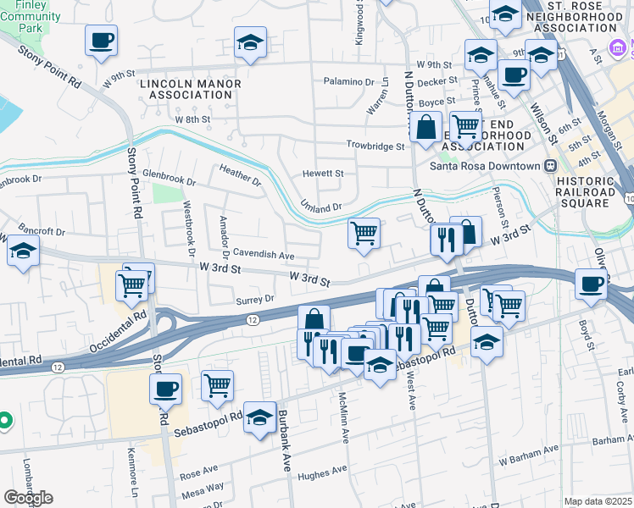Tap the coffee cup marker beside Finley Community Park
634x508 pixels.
pyautogui.click(x=101, y=40)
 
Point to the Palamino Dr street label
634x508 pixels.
pyautogui.click(x=348, y=82)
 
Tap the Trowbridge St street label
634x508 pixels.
pyautogui.click(x=375, y=146)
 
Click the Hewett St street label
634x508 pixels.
pyautogui.click(x=323, y=174)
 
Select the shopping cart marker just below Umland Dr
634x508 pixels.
pyautogui.click(x=364, y=233)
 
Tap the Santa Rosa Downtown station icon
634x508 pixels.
pyautogui.click(x=550, y=166)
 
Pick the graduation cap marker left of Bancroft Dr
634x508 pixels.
pyautogui.click(x=23, y=251)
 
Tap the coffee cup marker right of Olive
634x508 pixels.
pyautogui.click(x=591, y=284)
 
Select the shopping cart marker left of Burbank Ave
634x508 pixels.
pyautogui.click(x=218, y=385)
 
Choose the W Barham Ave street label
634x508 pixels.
pyautogui.click(x=529, y=460)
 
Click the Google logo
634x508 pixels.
pyautogui.click(x=28, y=498)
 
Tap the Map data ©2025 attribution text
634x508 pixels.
pyautogui.click(x=598, y=501)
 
